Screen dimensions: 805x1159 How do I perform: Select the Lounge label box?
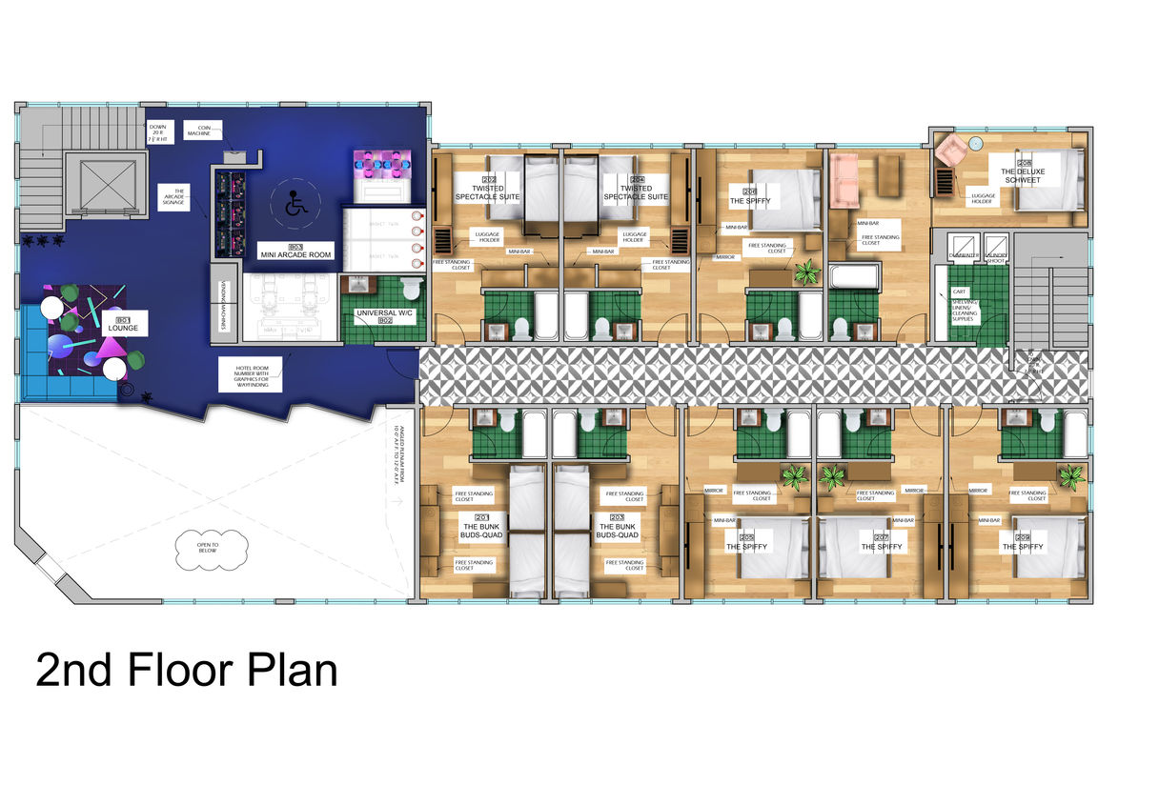pyautogui.click(x=122, y=325)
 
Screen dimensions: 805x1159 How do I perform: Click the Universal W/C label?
pyautogui.click(x=387, y=316)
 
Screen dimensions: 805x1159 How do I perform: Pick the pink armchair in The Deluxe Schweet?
pyautogui.click(x=952, y=151)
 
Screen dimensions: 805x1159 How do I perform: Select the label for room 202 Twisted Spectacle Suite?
pyautogui.click(x=487, y=191)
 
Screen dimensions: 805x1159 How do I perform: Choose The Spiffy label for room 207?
pyautogui.click(x=880, y=543)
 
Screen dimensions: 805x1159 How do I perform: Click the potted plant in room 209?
pyautogui.click(x=1072, y=475)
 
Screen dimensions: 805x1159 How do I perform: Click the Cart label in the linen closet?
pyautogui.click(x=959, y=292)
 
